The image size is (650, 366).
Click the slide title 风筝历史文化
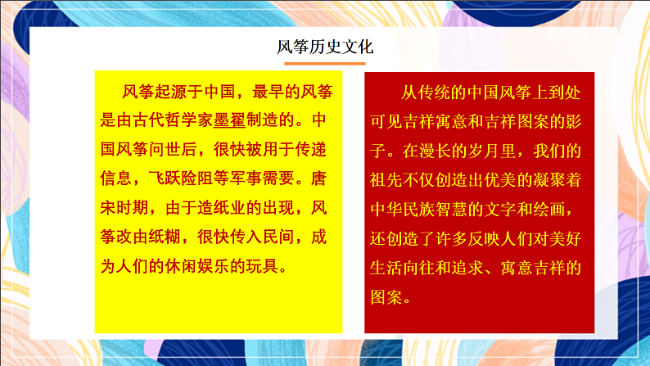click(324, 47)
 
